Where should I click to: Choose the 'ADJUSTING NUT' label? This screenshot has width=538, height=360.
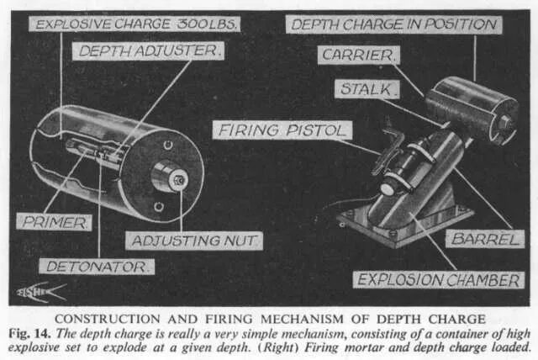click(195, 241)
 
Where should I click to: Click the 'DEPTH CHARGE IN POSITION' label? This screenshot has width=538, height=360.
click(394, 24)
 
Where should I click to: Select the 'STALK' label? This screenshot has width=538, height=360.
click(367, 88)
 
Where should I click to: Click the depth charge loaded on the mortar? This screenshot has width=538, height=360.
click(471, 108)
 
